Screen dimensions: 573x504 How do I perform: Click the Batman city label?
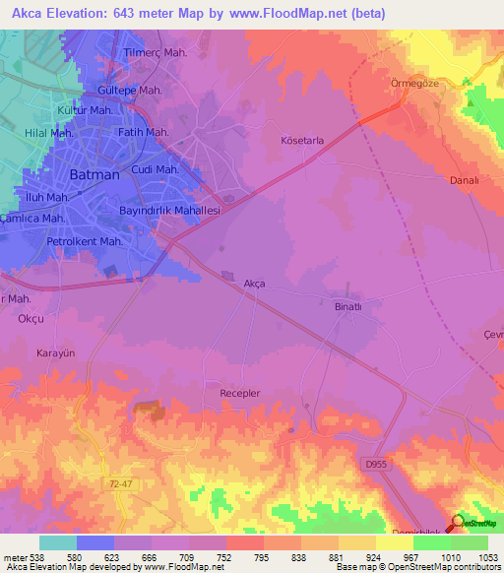(x=95, y=174)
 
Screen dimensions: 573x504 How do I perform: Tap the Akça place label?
(x=254, y=284)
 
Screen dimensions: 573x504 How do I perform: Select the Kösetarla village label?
(x=302, y=141)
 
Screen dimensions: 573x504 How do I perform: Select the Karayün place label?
(x=57, y=351)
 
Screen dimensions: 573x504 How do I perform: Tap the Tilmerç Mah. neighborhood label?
(x=156, y=53)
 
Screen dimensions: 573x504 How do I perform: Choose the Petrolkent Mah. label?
(x=85, y=241)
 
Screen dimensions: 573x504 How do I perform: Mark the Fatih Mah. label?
(x=145, y=132)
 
